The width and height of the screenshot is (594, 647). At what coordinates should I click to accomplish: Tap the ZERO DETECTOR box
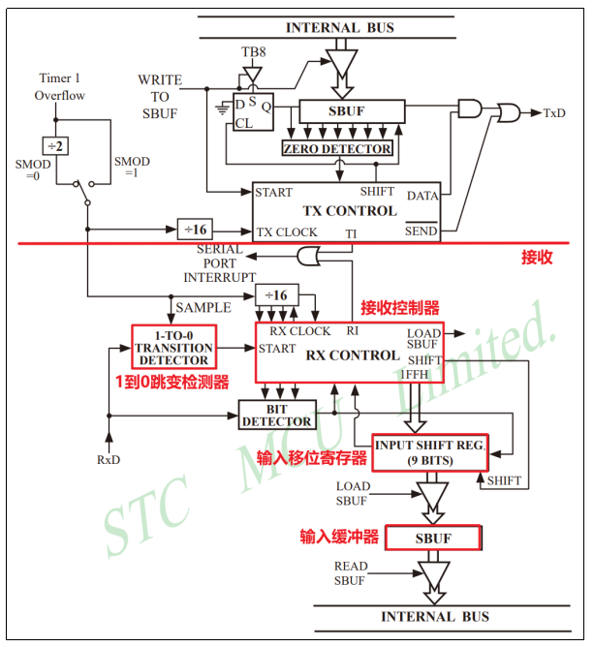(x=337, y=149)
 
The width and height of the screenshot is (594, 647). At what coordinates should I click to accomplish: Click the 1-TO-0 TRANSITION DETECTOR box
(x=173, y=348)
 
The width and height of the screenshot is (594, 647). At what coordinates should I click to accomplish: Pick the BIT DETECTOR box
(x=277, y=415)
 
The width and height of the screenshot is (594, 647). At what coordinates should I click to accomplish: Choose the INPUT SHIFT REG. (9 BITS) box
(x=429, y=452)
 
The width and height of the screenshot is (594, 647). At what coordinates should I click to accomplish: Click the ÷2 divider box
(x=57, y=145)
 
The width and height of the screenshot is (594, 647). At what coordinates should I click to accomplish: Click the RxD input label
(x=109, y=458)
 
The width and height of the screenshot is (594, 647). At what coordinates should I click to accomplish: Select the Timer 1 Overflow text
(x=61, y=86)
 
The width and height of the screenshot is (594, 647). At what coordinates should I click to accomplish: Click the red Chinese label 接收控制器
(x=400, y=308)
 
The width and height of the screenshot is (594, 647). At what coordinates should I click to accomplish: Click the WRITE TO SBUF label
(x=159, y=97)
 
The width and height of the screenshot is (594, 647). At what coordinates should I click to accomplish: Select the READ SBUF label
(x=351, y=573)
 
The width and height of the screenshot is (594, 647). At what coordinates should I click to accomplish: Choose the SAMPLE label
(x=203, y=307)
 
